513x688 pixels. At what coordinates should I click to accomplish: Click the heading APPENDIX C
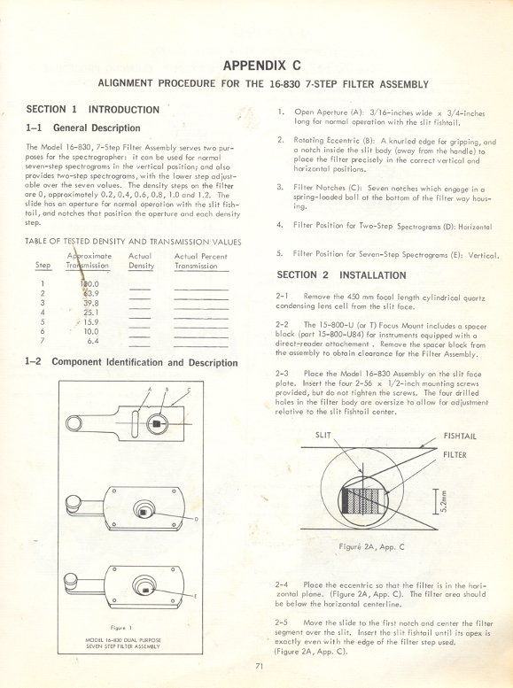(x=263, y=66)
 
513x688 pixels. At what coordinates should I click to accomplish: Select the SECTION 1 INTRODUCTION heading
(x=93, y=110)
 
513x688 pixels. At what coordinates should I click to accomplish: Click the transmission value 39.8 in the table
(x=91, y=302)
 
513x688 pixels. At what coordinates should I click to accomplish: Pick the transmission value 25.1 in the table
(x=91, y=312)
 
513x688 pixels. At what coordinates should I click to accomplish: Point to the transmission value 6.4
(x=93, y=341)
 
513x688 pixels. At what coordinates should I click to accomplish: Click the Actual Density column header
(x=141, y=261)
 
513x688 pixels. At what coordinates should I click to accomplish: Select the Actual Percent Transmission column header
(x=201, y=261)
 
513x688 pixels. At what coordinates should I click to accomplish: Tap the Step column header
(x=43, y=266)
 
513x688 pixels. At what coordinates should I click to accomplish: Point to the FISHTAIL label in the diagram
(x=461, y=437)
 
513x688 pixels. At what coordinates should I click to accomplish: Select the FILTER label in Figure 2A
(x=455, y=455)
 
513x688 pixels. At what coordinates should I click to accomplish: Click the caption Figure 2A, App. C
(x=371, y=546)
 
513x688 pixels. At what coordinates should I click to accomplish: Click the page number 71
(x=259, y=667)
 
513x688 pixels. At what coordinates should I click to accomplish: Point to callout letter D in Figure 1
(x=195, y=520)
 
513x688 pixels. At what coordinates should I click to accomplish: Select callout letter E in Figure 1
(x=195, y=598)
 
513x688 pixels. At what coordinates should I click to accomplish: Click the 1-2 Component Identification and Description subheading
(x=132, y=363)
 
